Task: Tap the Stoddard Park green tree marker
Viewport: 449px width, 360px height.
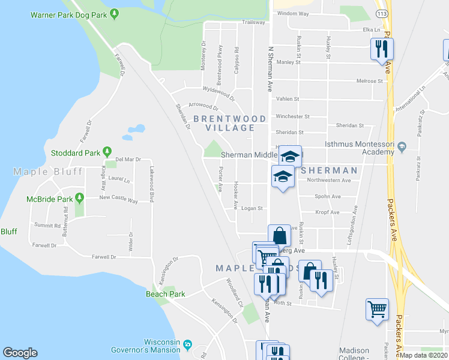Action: [107, 151]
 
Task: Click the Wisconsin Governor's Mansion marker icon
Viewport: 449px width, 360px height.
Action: [188, 345]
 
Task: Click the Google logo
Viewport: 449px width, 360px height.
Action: [20, 353]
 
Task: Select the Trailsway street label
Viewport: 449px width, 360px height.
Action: [253, 22]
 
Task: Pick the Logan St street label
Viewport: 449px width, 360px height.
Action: [252, 209]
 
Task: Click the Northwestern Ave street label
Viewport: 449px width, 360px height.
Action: [328, 180]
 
